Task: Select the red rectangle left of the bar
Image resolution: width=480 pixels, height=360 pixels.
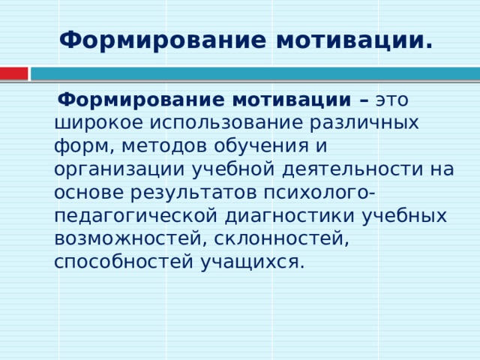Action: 13,73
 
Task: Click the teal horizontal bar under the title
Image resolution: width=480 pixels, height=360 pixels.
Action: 255,73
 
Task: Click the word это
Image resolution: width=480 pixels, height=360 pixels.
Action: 391,100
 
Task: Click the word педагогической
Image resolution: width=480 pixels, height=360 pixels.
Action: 135,215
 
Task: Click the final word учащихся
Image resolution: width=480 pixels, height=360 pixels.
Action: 252,262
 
